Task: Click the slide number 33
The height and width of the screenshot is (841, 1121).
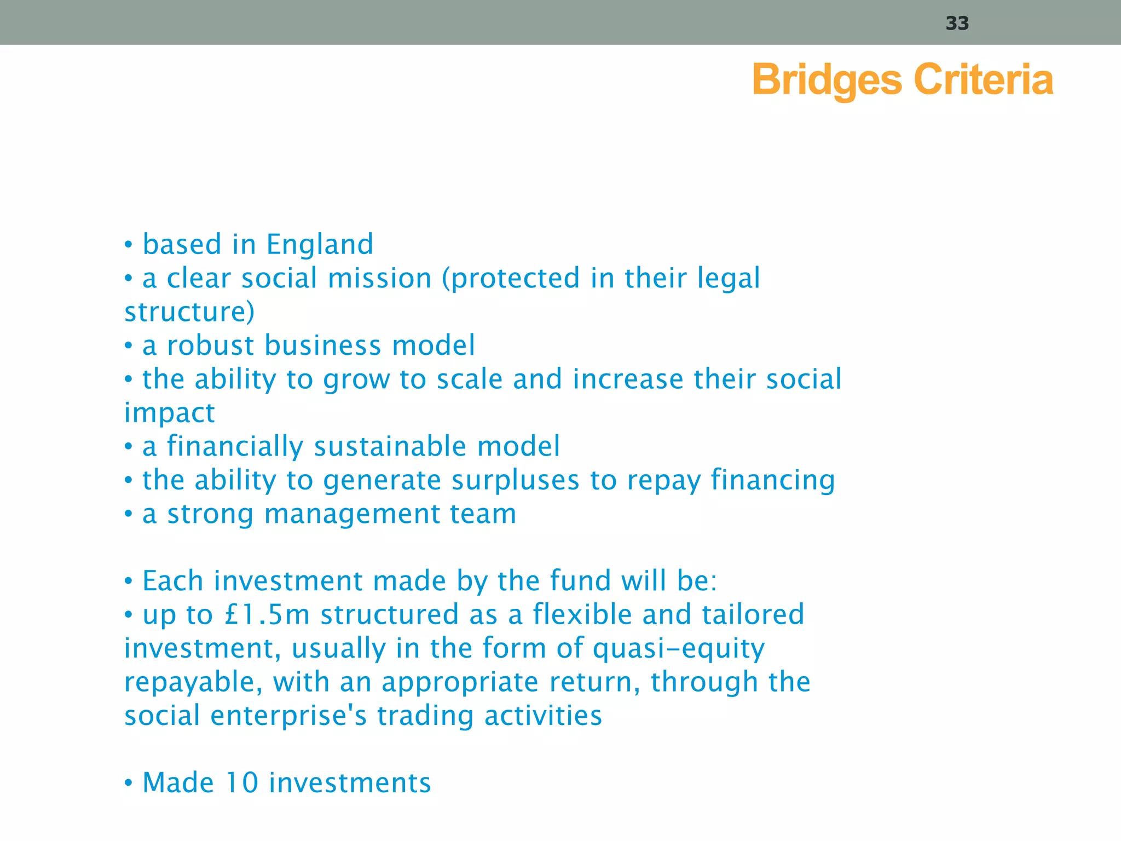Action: click(957, 24)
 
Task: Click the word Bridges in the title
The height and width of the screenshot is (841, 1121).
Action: click(827, 80)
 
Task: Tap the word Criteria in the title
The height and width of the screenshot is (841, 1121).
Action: click(984, 79)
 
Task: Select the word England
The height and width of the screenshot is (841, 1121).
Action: click(320, 245)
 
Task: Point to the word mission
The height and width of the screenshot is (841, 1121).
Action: click(379, 278)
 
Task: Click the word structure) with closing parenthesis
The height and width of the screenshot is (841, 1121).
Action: click(189, 312)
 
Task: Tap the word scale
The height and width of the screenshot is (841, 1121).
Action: click(469, 379)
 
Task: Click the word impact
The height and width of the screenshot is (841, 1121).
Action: click(169, 413)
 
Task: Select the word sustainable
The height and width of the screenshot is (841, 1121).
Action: click(390, 446)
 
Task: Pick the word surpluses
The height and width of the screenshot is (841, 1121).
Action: click(515, 480)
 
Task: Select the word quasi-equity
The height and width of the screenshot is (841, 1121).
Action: click(679, 649)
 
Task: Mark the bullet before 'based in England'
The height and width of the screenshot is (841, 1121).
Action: click(129, 245)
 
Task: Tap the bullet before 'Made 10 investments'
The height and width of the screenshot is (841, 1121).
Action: click(129, 783)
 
